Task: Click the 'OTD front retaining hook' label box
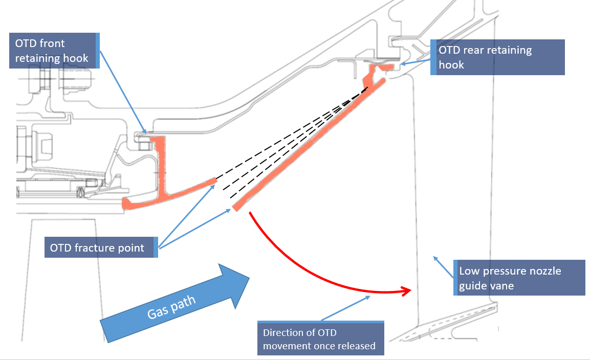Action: [x=54, y=51]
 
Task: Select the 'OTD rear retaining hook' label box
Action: [x=497, y=57]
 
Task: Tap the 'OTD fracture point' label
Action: [x=101, y=247]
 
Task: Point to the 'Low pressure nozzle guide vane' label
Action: [x=519, y=278]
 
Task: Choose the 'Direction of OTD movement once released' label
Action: [x=321, y=338]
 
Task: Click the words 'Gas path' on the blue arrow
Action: [x=171, y=307]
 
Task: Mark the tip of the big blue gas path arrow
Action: [x=249, y=278]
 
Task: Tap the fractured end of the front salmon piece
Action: [x=215, y=181]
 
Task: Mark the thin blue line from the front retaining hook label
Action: [x=123, y=93]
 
